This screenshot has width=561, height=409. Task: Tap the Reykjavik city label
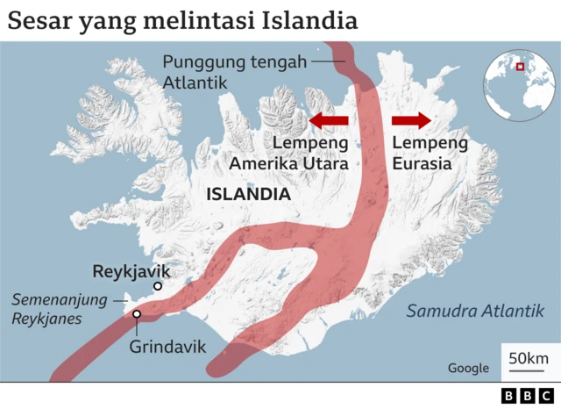131,270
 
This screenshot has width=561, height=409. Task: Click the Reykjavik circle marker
158,286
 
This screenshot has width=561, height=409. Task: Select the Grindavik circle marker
137,314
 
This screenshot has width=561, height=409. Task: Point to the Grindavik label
168,347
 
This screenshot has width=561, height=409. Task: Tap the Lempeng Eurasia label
430,153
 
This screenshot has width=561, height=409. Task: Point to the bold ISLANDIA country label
248,194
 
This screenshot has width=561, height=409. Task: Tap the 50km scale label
529,358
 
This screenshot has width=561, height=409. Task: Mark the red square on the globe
520,66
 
